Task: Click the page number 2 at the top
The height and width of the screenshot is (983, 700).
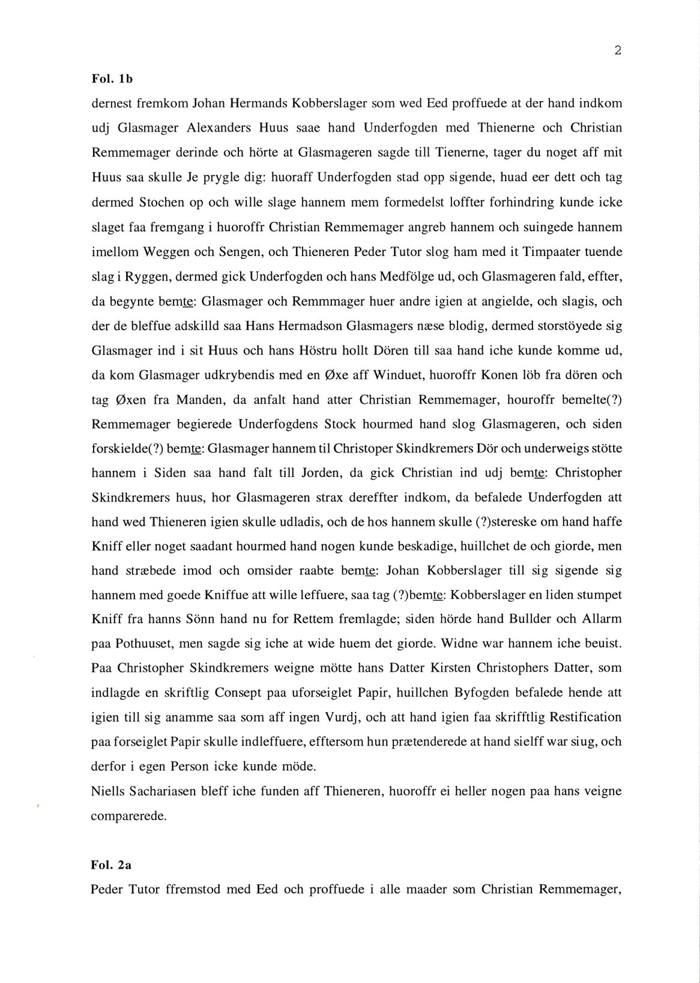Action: click(617, 51)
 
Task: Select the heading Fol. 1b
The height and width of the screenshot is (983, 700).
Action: click(107, 78)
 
